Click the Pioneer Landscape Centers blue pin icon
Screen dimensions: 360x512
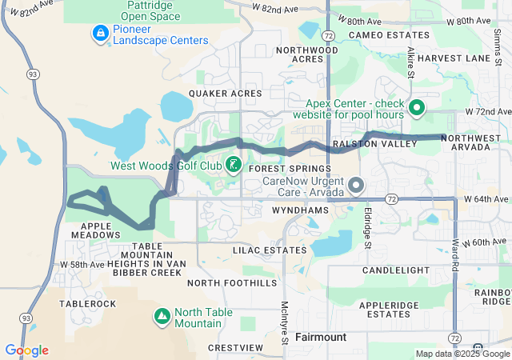[100, 33]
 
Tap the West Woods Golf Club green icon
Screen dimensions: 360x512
[233, 166]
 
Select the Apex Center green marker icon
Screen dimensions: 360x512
[416, 107]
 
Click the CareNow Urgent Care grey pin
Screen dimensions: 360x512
[355, 186]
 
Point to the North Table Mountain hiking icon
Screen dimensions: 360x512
[162, 317]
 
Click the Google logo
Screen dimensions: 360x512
[26, 350]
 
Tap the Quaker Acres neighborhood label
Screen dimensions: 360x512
[225, 94]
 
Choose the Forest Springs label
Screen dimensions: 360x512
[290, 170]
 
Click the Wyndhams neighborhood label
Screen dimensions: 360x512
[301, 209]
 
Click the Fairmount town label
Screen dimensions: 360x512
[321, 337]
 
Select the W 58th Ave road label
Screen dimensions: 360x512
[83, 264]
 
